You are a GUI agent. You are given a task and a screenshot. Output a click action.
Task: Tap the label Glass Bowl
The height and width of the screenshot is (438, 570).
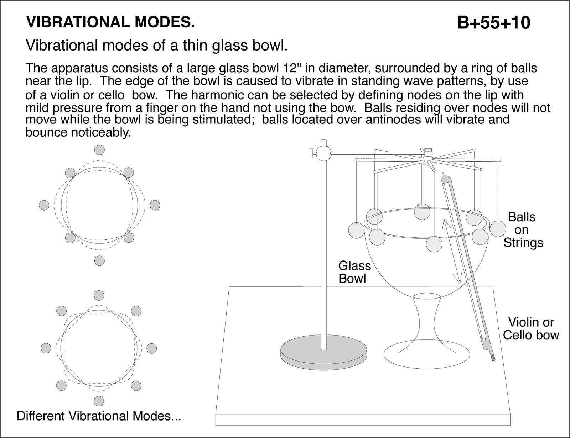tap(354, 272)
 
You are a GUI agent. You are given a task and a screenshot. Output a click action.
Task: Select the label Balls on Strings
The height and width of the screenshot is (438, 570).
tap(522, 230)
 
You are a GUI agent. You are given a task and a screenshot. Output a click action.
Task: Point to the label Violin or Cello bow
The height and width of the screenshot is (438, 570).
tap(531, 329)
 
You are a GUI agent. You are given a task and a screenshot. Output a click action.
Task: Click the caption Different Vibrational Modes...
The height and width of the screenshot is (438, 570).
tap(99, 416)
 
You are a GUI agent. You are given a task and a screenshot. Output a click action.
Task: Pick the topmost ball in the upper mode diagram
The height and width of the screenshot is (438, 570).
tap(99, 150)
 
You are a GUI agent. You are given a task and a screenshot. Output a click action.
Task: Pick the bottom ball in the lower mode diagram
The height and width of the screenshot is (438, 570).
tap(99, 401)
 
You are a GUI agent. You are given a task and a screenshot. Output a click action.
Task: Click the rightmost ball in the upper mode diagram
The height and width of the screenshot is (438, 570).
tap(155, 205)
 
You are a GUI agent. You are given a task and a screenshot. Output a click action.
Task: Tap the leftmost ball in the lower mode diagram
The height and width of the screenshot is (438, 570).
tap(46, 348)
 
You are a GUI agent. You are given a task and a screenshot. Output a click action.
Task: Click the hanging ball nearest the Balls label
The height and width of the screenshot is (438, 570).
tap(498, 228)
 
